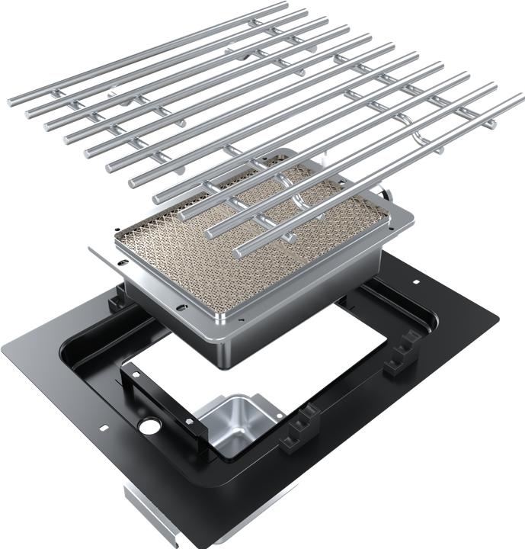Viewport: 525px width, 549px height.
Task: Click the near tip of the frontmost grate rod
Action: pos(239,251)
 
